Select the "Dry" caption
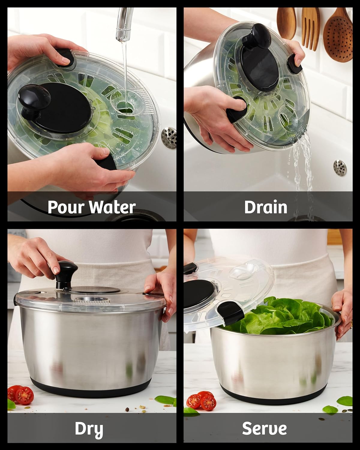click(89, 429)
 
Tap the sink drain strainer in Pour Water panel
click(169, 138)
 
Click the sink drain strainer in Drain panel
click(340, 168)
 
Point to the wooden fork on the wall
click(310, 28)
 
